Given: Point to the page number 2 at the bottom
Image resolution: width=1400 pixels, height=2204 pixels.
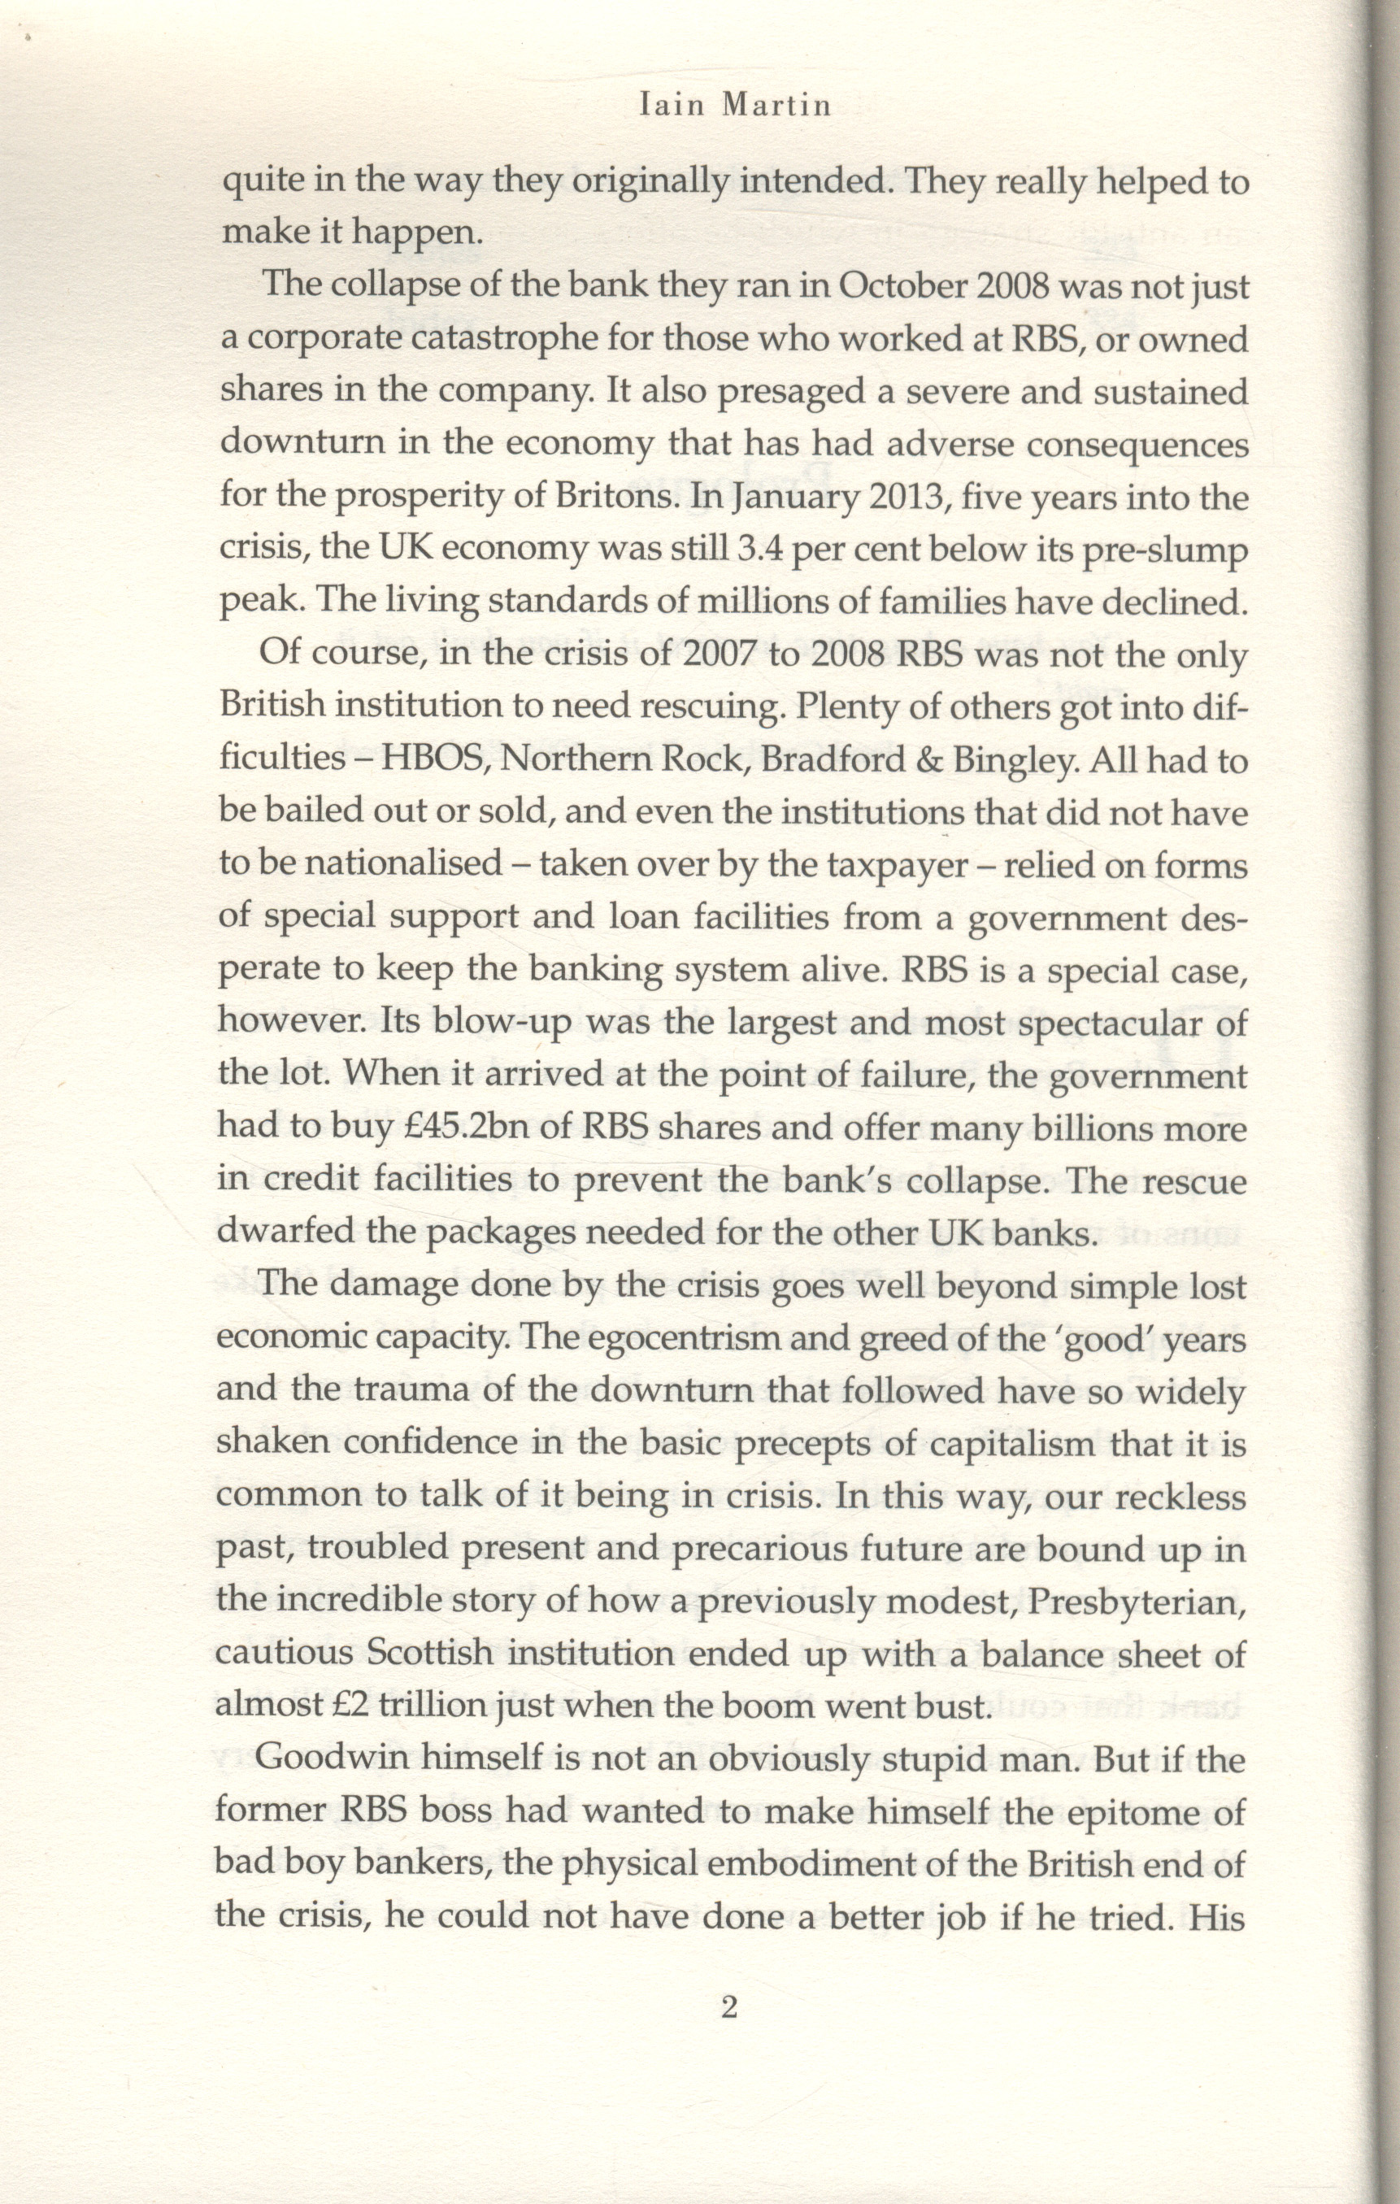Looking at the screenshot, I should (729, 2008).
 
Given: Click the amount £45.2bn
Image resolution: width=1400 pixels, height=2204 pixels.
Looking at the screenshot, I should (464, 1128).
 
